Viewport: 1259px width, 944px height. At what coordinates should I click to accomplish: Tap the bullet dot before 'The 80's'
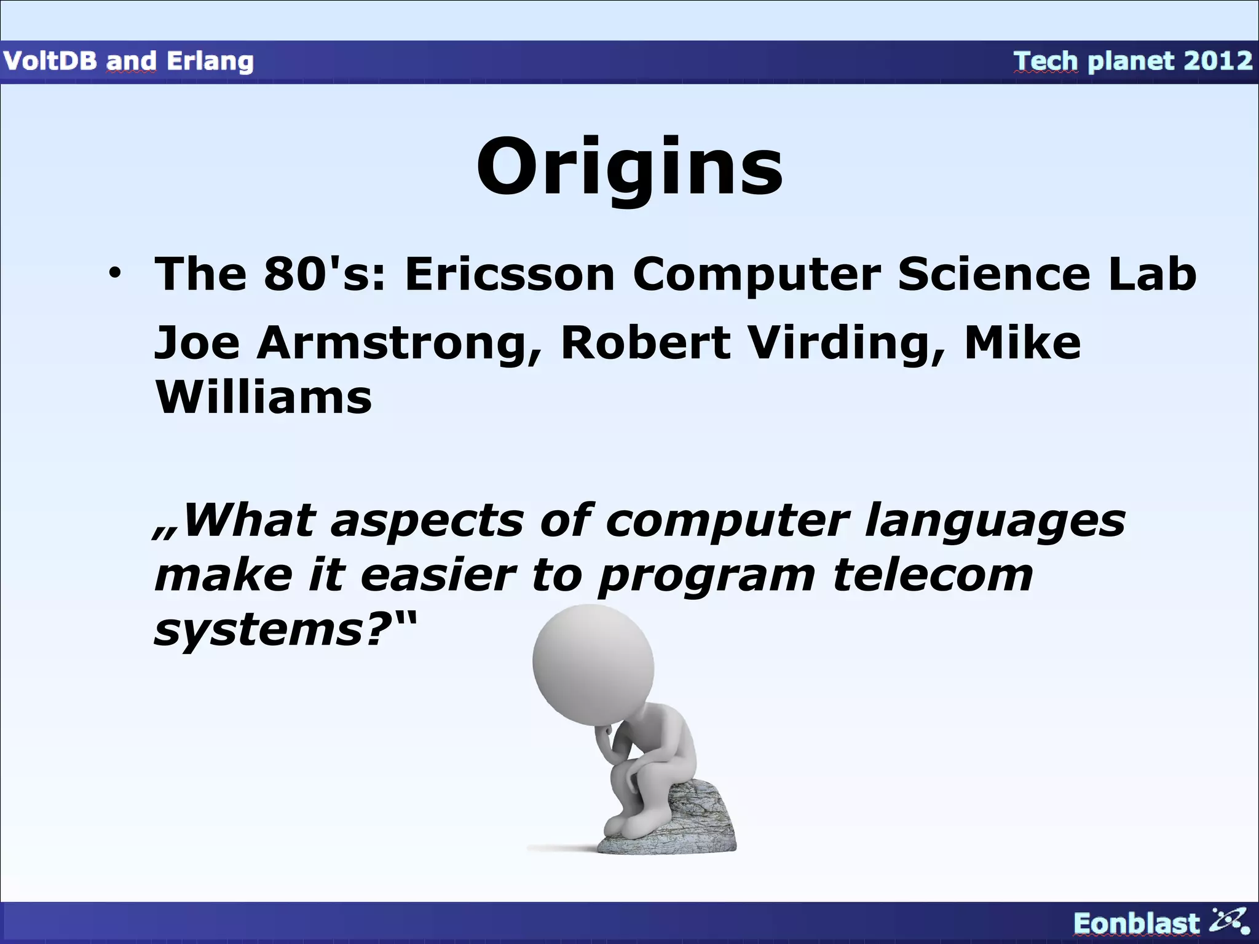click(x=113, y=274)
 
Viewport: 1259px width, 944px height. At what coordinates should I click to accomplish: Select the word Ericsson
click(x=509, y=274)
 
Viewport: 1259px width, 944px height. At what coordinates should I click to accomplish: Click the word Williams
click(x=263, y=398)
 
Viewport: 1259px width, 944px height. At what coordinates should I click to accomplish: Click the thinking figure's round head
click(x=593, y=664)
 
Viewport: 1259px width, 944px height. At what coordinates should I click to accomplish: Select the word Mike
click(x=1022, y=343)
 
